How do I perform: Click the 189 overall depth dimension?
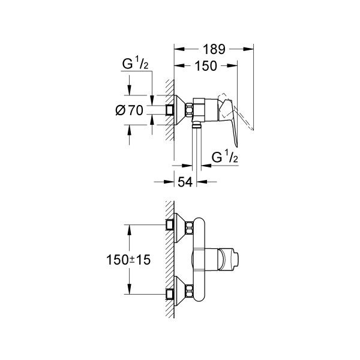pyautogui.click(x=214, y=50)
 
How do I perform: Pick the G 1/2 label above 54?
pyautogui.click(x=226, y=157)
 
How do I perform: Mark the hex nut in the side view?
pyautogui.click(x=191, y=110)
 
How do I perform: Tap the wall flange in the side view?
pyautogui.click(x=179, y=110)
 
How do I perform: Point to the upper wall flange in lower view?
pyautogui.click(x=179, y=226)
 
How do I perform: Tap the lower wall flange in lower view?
pyautogui.click(x=179, y=294)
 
